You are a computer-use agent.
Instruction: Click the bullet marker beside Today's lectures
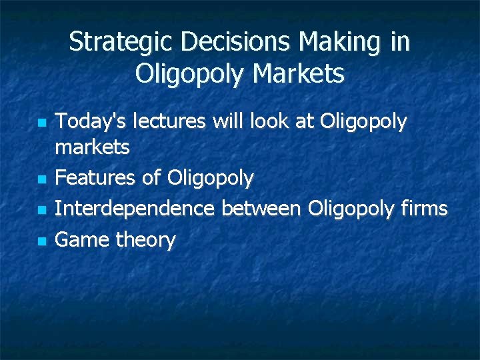[x=41, y=123]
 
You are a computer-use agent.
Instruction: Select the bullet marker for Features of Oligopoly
[x=41, y=179]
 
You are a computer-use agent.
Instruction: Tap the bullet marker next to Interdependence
[x=41, y=210]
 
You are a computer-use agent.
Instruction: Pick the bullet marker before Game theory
[x=41, y=241]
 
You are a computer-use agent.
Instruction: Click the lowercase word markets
[x=92, y=147]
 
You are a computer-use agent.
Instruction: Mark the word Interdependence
[x=134, y=209]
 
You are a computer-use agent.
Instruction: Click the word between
[x=261, y=209]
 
